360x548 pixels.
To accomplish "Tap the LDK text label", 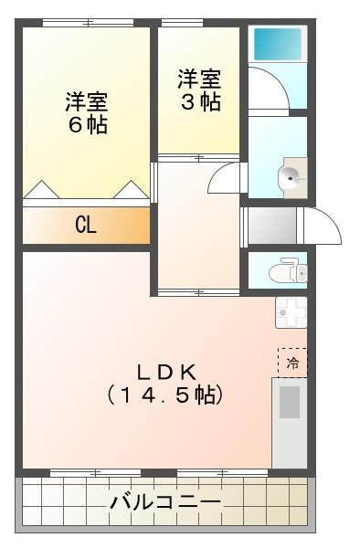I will coord(166,372).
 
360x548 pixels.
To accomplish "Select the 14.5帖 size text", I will coord(166,395).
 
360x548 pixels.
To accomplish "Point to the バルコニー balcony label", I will coord(164,502).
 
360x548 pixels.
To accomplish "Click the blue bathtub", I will coord(277,42).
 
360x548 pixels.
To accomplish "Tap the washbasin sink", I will coord(292,178).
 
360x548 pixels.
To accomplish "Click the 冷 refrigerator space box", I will coord(292,362).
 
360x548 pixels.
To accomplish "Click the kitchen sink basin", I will coord(290,403).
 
